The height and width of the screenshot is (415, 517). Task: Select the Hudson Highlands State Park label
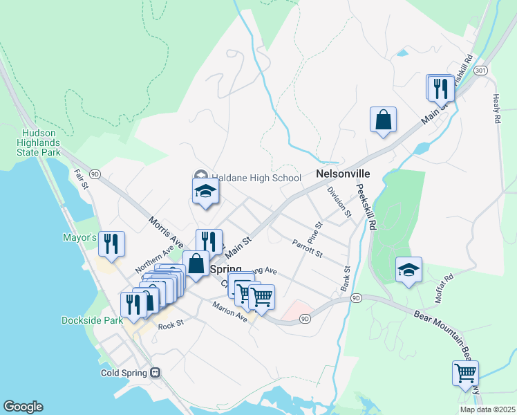31,142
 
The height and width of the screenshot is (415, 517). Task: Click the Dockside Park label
92,320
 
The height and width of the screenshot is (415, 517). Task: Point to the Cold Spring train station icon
156,373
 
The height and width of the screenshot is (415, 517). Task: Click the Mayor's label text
79,237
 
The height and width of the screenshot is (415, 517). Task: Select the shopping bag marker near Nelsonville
383,120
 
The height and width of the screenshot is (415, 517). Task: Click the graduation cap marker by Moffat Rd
408,270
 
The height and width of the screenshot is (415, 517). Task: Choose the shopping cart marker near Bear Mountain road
466,373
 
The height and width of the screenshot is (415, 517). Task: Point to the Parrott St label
308,248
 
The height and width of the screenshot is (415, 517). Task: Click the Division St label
340,201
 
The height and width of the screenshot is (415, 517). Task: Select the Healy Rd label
496,109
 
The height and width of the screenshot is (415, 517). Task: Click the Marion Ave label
230,313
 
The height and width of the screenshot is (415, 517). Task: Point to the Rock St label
170,325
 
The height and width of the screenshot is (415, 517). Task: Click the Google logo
23,407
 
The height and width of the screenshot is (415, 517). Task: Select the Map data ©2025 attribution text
487,409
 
